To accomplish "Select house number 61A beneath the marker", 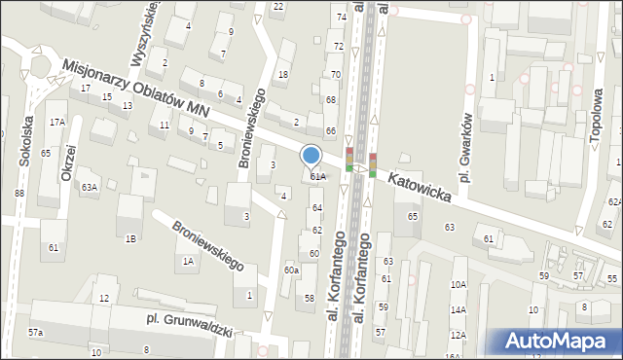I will click(317, 177).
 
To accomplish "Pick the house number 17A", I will click(57, 122).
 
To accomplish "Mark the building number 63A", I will click(89, 187).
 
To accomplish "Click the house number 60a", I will click(291, 270).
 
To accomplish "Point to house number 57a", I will click(35, 333).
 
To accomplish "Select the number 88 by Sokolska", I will click(18, 194).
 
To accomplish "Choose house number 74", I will click(341, 18).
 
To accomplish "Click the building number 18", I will click(283, 75).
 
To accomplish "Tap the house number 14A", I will click(458, 310).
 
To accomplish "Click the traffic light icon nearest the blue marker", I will click(349, 160).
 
